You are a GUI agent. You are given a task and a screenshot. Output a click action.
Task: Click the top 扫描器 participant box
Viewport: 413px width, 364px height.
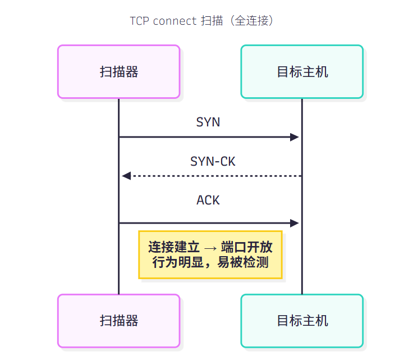(118, 72)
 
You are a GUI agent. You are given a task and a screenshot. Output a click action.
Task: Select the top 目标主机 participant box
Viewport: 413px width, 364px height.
(302, 72)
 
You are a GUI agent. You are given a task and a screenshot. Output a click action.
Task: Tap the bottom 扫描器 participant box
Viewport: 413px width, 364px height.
(118, 321)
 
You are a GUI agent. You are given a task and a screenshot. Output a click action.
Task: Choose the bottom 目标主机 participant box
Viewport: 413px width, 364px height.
(302, 321)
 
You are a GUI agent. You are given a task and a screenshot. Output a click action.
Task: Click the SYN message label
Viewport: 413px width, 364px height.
(208, 122)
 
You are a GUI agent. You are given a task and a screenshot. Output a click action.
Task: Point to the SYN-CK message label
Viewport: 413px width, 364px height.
(213, 161)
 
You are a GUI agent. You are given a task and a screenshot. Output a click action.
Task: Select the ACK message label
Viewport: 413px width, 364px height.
(208, 200)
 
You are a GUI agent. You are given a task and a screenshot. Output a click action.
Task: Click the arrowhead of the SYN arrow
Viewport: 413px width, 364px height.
(295, 137)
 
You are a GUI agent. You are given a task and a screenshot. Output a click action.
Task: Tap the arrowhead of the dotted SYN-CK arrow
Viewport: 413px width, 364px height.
(126, 176)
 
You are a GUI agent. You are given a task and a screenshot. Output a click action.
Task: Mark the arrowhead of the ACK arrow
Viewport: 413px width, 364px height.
(295, 223)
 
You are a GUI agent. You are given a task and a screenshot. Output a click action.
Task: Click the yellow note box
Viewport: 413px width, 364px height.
(210, 254)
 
